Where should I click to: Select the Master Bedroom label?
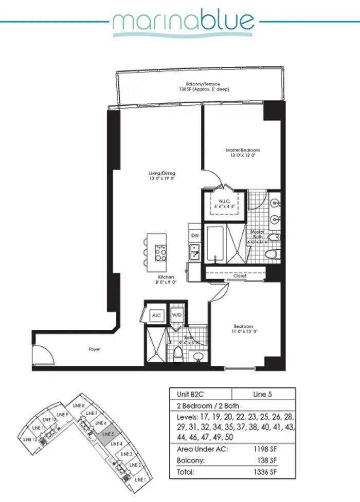tap(240, 153)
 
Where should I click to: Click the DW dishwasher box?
tap(195, 235)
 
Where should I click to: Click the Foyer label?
tap(94, 349)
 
